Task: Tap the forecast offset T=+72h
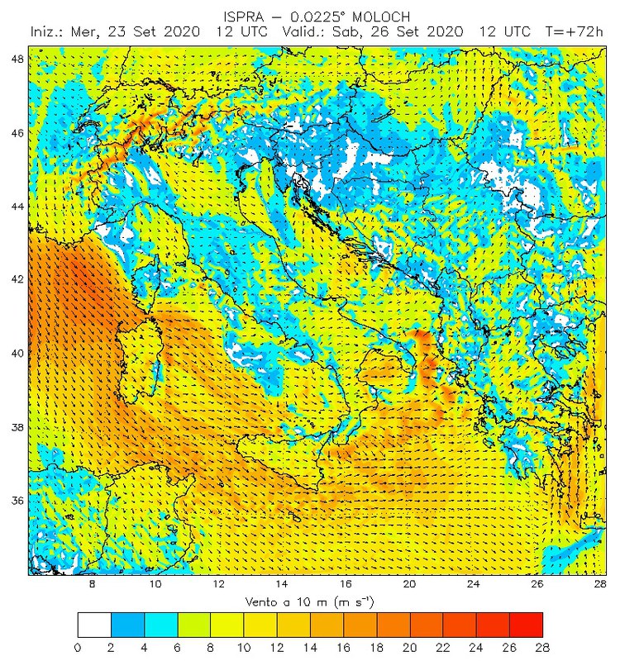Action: pos(575,31)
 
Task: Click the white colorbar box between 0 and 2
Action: pos(93,624)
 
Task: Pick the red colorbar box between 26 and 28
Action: pos(527,624)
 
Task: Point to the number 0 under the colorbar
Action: pos(77,647)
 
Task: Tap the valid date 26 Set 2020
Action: pos(410,31)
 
